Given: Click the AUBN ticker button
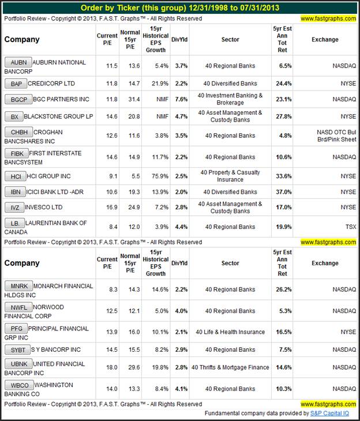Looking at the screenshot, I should click(x=17, y=62).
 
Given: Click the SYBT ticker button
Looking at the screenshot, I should click(x=17, y=350).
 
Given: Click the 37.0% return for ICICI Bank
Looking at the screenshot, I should click(x=283, y=191).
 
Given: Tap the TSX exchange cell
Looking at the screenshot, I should click(x=350, y=227).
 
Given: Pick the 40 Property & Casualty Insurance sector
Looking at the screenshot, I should click(x=230, y=176).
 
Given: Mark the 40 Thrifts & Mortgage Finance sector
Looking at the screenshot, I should click(x=230, y=367).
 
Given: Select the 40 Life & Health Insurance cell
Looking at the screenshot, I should click(x=230, y=332).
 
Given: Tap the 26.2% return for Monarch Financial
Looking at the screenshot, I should click(x=283, y=290).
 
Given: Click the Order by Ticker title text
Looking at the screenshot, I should click(x=179, y=7).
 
